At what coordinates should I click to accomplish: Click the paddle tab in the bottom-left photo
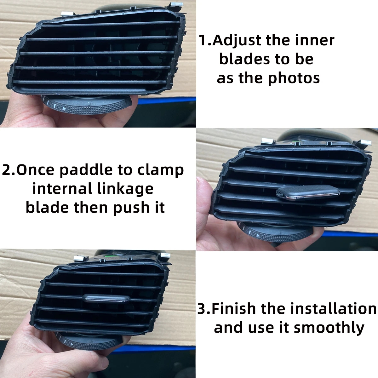tap(107, 298)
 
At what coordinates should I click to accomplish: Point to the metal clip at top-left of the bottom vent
tap(80, 258)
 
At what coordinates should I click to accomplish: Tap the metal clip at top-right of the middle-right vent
tap(365, 144)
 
